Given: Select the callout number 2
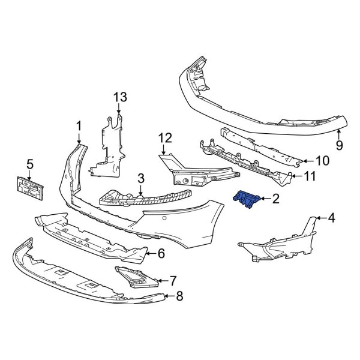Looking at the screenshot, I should (x=276, y=199).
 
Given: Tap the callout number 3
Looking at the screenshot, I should (x=140, y=178).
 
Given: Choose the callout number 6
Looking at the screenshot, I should (x=161, y=254).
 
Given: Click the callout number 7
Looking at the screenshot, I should (x=173, y=280).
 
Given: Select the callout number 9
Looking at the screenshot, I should (x=339, y=145).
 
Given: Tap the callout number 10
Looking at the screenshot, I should (x=323, y=161).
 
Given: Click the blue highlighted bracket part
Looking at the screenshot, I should (x=246, y=199).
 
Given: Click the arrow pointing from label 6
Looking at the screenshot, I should (x=150, y=254).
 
